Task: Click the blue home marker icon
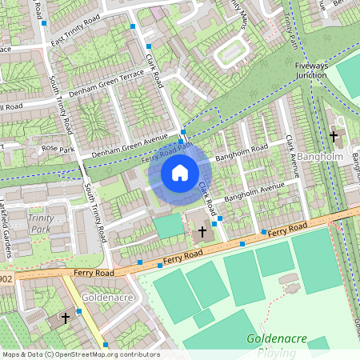180,172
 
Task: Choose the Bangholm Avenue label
254,192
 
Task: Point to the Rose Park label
58,149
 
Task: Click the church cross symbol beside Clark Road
202,233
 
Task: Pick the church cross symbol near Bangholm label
333,137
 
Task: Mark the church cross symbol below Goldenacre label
65,318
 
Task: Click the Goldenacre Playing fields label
277,344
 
